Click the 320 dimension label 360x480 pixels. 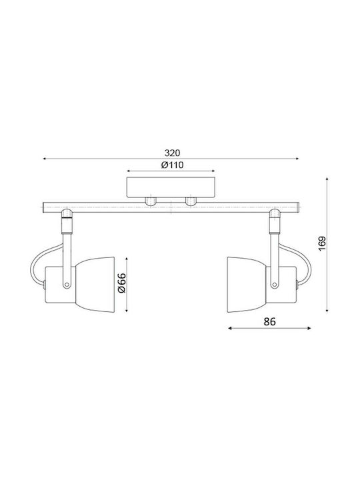(173, 153)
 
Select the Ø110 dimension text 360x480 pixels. (173, 165)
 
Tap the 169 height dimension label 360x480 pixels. (323, 244)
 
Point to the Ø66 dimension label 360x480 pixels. (122, 283)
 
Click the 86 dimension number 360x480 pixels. (270, 322)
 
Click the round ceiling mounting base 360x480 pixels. (171, 187)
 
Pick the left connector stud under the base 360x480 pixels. (151, 201)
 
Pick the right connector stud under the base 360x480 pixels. (191, 201)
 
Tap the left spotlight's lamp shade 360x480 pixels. (95, 285)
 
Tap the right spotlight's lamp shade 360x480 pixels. (247, 285)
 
